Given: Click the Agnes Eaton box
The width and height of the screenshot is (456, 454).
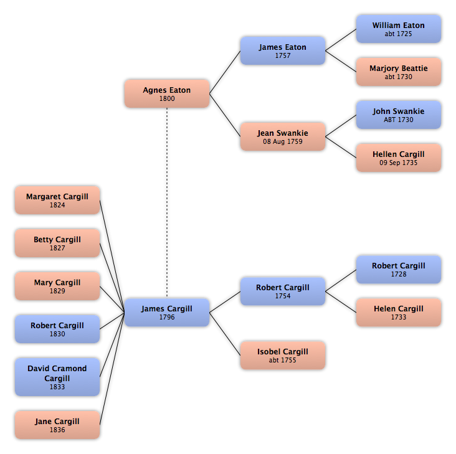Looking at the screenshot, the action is (167, 93).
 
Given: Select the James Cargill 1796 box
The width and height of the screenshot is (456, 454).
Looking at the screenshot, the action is (167, 313).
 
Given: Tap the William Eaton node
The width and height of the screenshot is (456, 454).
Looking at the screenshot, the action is (399, 29).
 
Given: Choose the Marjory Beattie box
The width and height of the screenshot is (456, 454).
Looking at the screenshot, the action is (399, 72).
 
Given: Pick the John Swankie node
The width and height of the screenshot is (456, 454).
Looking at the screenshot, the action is (399, 115).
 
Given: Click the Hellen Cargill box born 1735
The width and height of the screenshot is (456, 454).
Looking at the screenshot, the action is (399, 158).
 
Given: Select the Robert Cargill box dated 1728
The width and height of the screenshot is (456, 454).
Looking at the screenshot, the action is (399, 270).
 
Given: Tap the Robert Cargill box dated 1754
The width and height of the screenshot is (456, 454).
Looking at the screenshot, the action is (283, 291).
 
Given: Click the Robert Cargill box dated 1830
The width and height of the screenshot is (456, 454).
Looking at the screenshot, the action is (57, 329).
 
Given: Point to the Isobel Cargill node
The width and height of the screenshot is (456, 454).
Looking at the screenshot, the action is (283, 356).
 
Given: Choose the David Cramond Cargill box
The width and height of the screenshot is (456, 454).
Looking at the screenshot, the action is (57, 377).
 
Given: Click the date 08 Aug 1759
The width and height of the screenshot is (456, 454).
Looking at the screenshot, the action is (283, 141).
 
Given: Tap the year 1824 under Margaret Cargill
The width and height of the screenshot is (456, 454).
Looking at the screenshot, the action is (57, 205).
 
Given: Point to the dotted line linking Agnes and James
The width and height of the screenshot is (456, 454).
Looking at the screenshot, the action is (167, 203).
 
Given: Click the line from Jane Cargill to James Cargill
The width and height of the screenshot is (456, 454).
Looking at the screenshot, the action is (112, 369).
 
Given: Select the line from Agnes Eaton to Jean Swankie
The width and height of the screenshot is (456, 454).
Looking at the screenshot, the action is (225, 115).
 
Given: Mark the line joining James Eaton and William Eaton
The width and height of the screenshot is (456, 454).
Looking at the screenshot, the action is (341, 40).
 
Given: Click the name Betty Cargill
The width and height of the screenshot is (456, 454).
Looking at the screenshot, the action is (57, 240).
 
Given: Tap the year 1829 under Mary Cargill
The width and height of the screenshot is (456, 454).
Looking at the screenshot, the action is (57, 291).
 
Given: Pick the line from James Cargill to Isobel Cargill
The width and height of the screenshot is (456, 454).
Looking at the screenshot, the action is (225, 334).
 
